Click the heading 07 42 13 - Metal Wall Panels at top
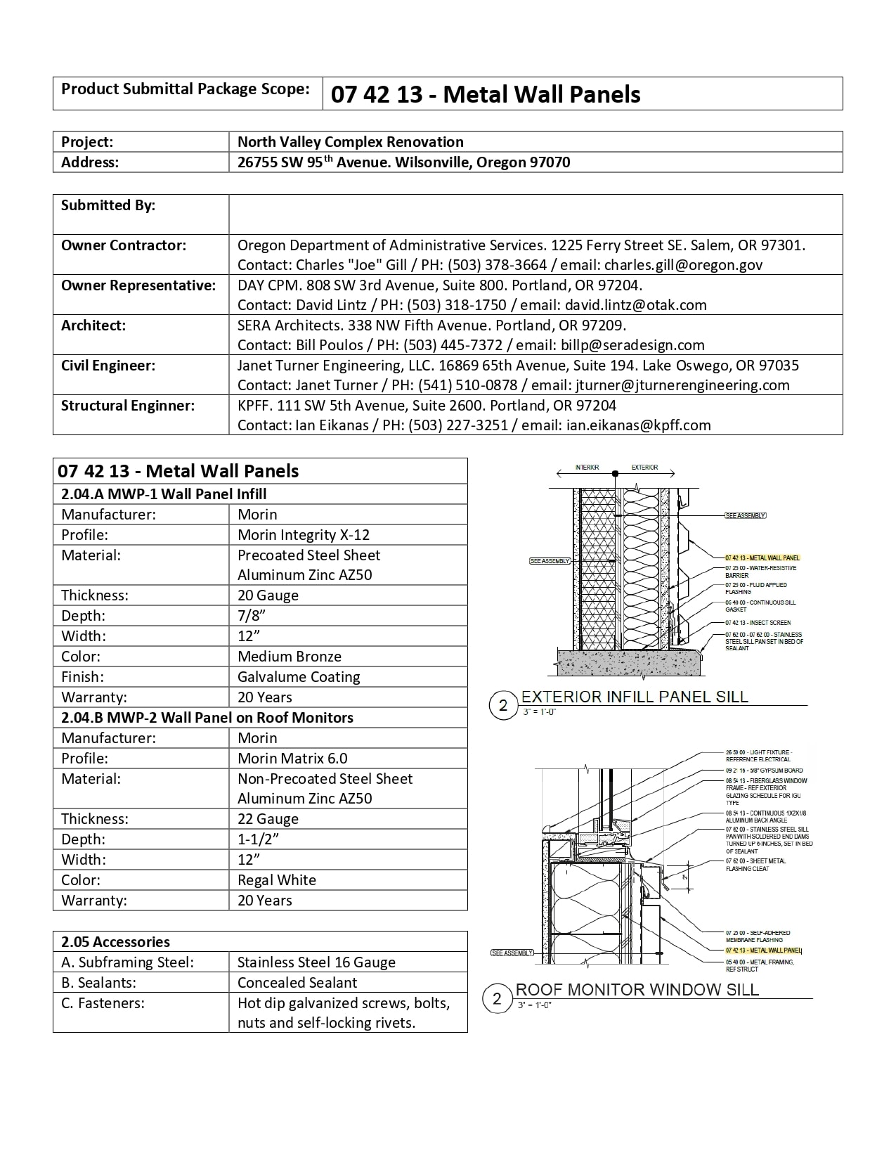(x=486, y=94)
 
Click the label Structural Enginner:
(x=127, y=406)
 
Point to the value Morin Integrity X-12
(x=303, y=535)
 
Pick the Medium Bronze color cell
(x=289, y=657)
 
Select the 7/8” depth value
(x=251, y=616)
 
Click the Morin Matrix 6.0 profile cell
(x=292, y=759)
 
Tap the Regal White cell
(x=276, y=880)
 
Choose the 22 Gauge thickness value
(x=268, y=819)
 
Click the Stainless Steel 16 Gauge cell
(x=316, y=962)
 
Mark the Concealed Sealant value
(x=297, y=983)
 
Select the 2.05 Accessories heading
(x=115, y=942)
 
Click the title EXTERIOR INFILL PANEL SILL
(x=634, y=697)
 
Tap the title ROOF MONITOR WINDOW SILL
(x=637, y=990)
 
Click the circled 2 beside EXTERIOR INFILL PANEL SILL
(x=502, y=706)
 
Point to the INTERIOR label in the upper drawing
(x=587, y=468)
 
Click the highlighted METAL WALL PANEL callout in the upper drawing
(x=762, y=558)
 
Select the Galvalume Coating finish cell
(x=299, y=677)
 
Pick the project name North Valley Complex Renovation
(x=350, y=142)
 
